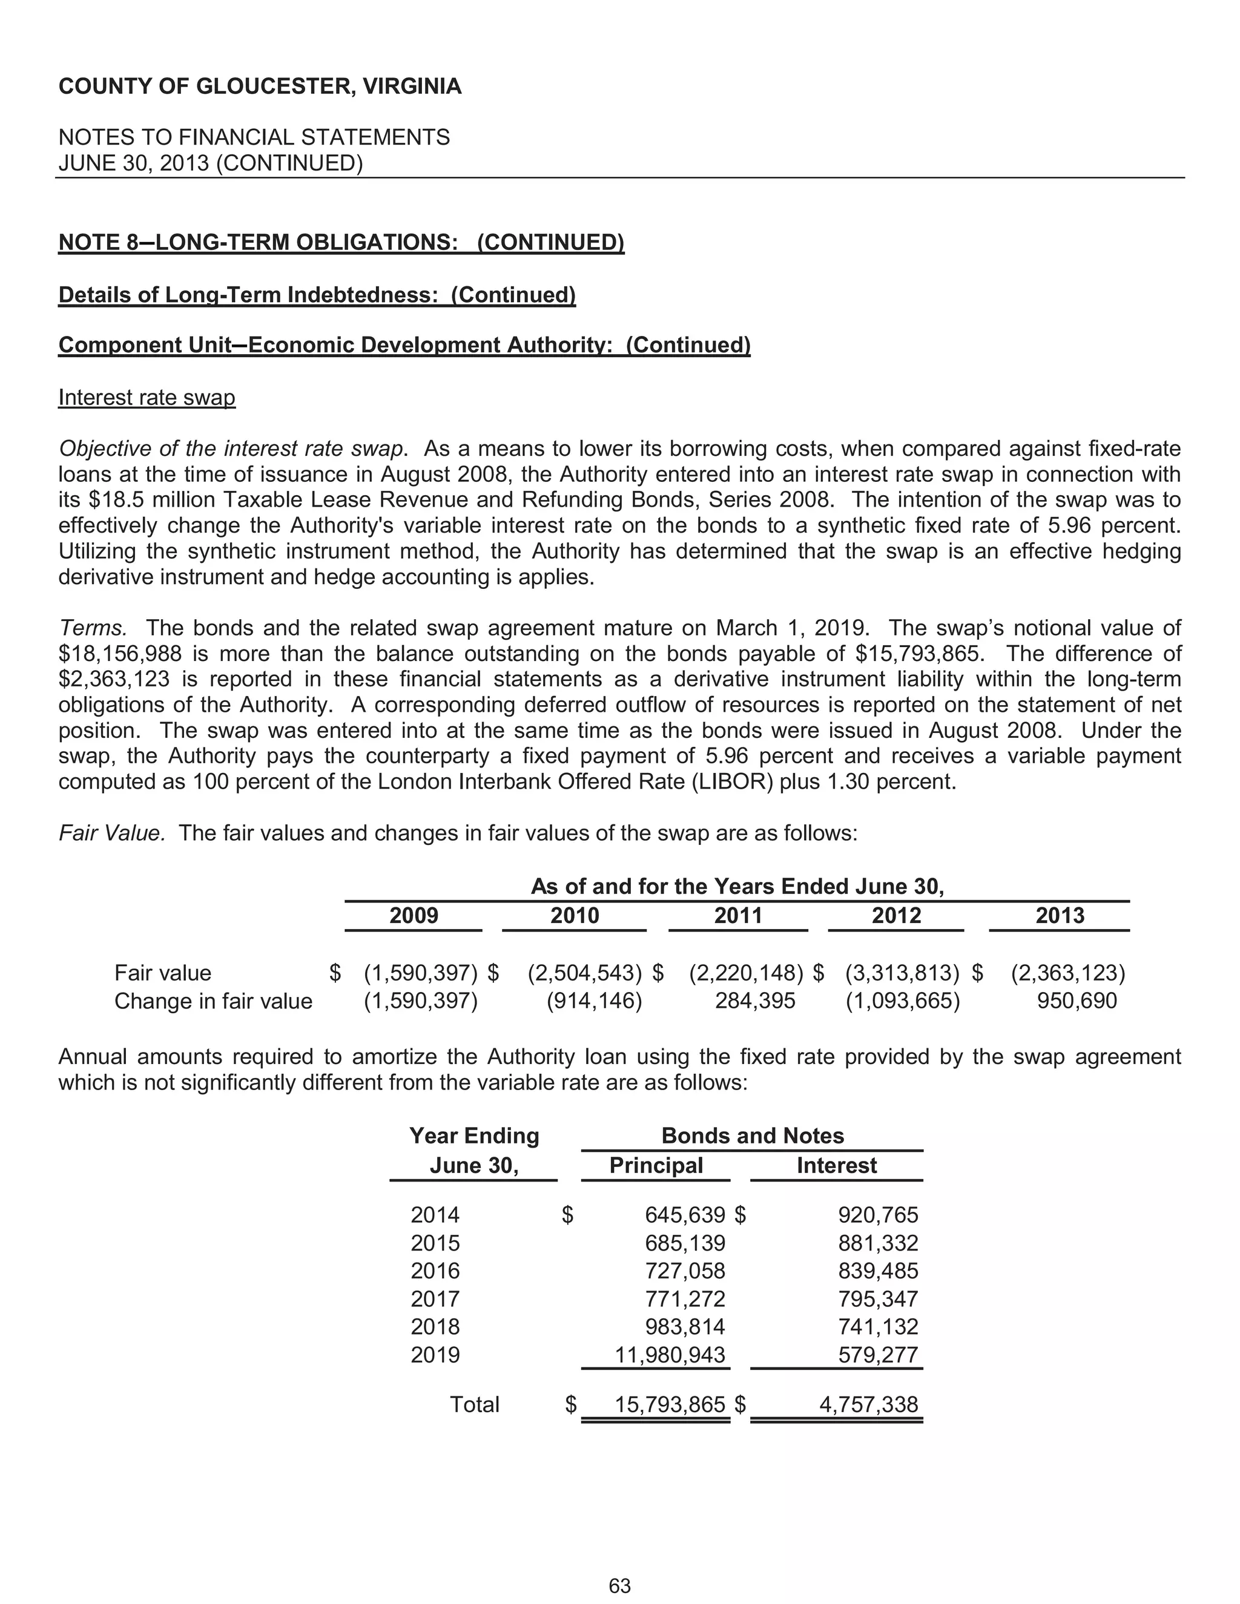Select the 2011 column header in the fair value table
pyautogui.click(x=737, y=916)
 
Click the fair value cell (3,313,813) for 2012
pyautogui.click(x=902, y=973)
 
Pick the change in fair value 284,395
pyautogui.click(x=754, y=1001)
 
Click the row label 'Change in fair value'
pyautogui.click(x=213, y=1001)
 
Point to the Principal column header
pyautogui.click(x=655, y=1166)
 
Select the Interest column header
pyautogui.click(x=836, y=1166)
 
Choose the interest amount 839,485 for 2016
pyautogui.click(x=878, y=1270)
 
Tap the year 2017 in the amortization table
pyautogui.click(x=435, y=1298)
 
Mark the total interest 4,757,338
pyautogui.click(x=868, y=1404)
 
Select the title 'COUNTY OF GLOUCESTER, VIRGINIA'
pyautogui.click(x=260, y=87)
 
